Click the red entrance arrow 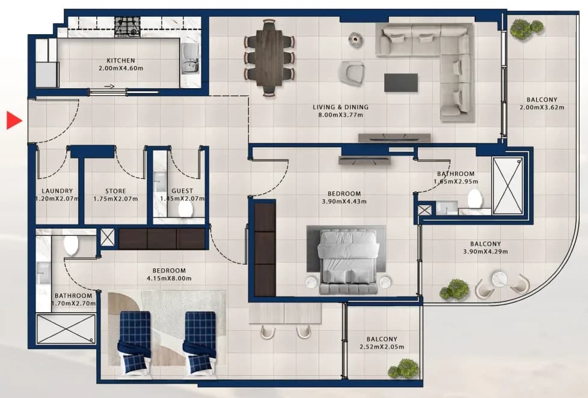tap(13, 120)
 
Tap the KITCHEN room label tap(121, 60)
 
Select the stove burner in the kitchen tap(127, 27)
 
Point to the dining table tap(269, 57)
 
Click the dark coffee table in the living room tap(401, 83)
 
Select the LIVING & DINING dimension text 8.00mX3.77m tap(340, 115)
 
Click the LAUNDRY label tap(57, 191)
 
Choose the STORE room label tap(115, 191)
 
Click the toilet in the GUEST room tap(185, 210)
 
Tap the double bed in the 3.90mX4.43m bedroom tap(348, 261)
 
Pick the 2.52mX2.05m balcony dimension tap(382, 347)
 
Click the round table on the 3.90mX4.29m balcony tap(500, 279)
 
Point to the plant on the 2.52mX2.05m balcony tap(403, 369)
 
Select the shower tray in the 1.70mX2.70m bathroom tap(66, 329)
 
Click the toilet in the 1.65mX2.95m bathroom tap(474, 199)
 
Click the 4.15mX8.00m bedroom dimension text tap(169, 279)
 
